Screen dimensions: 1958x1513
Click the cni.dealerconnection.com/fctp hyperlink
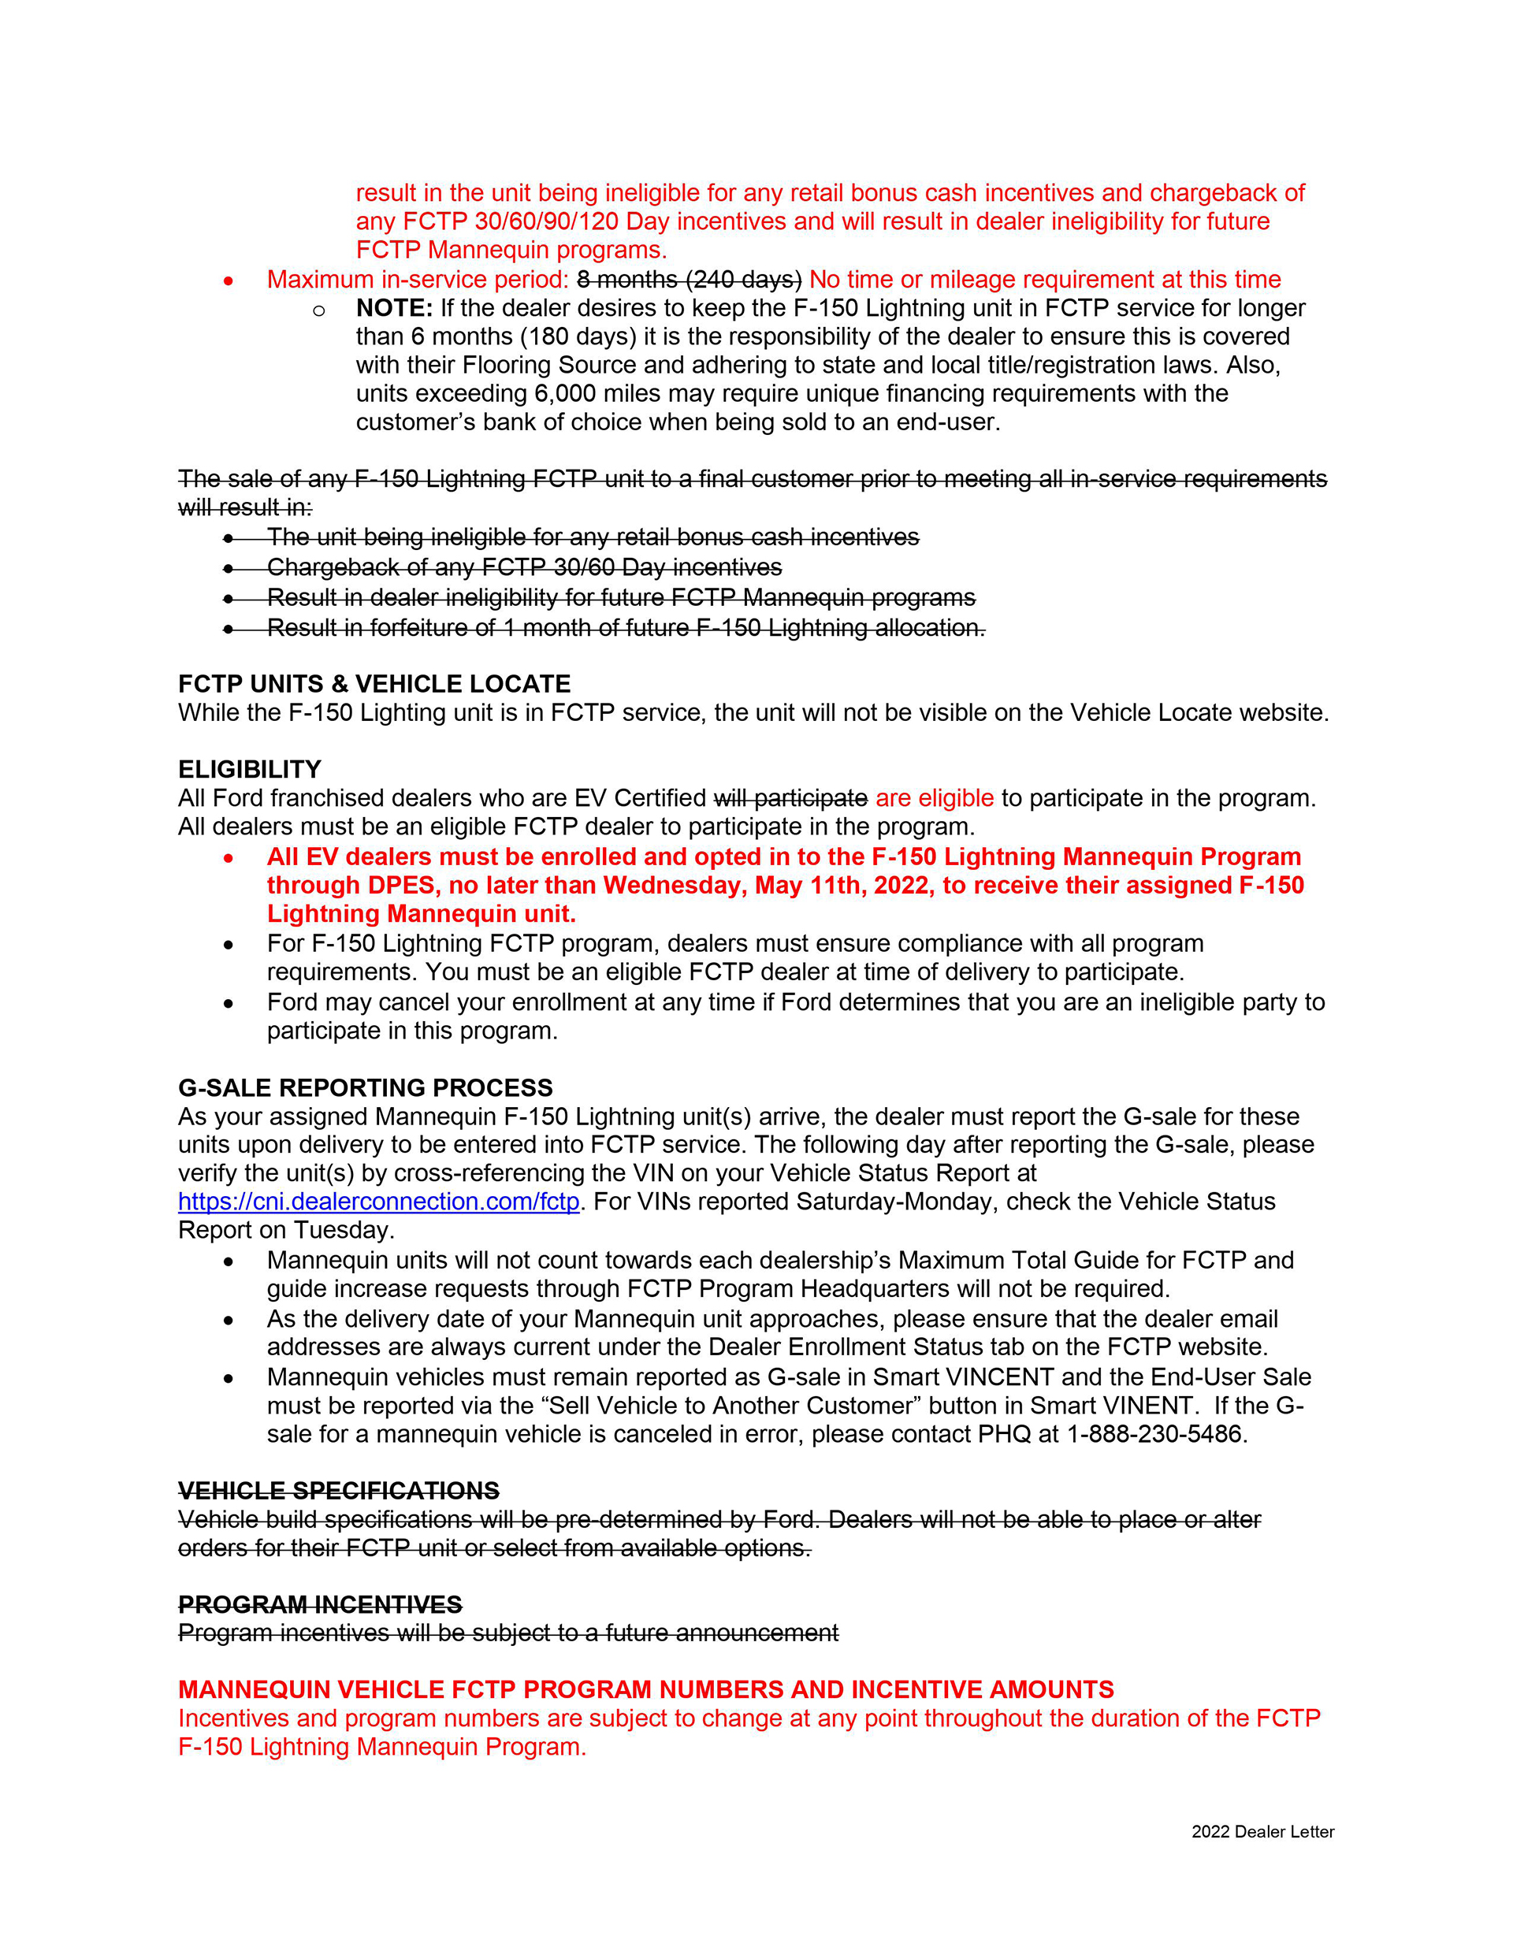point(378,1202)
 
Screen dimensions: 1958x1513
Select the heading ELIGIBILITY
point(249,769)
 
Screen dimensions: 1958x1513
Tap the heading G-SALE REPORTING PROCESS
point(365,1087)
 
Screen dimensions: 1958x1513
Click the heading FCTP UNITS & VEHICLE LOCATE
point(374,684)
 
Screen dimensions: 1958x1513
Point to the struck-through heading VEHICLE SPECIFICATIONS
point(338,1491)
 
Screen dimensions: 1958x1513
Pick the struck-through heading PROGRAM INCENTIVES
point(319,1605)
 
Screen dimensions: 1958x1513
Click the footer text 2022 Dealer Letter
point(1262,1832)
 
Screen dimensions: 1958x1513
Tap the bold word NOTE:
point(394,308)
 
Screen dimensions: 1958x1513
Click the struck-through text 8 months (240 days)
point(689,280)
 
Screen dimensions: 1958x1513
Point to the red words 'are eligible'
point(934,798)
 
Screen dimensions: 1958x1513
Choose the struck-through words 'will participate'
point(790,798)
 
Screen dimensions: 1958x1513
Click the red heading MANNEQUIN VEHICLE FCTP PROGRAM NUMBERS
point(645,1690)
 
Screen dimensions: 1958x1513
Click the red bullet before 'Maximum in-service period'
point(229,281)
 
